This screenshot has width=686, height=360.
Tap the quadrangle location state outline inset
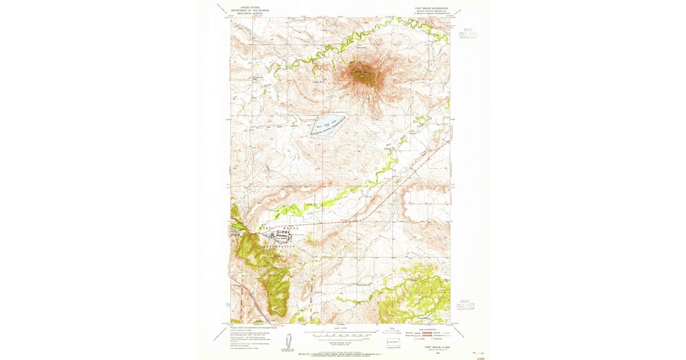coord(393,343)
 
